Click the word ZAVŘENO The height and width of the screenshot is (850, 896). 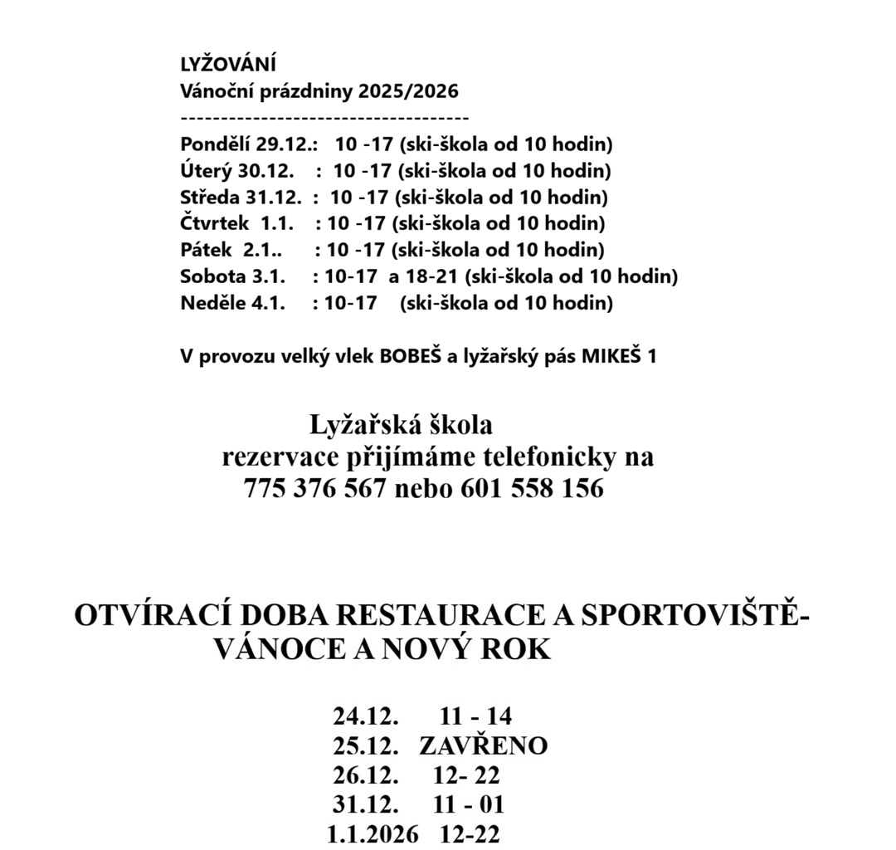point(483,745)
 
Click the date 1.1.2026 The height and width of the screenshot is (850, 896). point(373,834)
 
